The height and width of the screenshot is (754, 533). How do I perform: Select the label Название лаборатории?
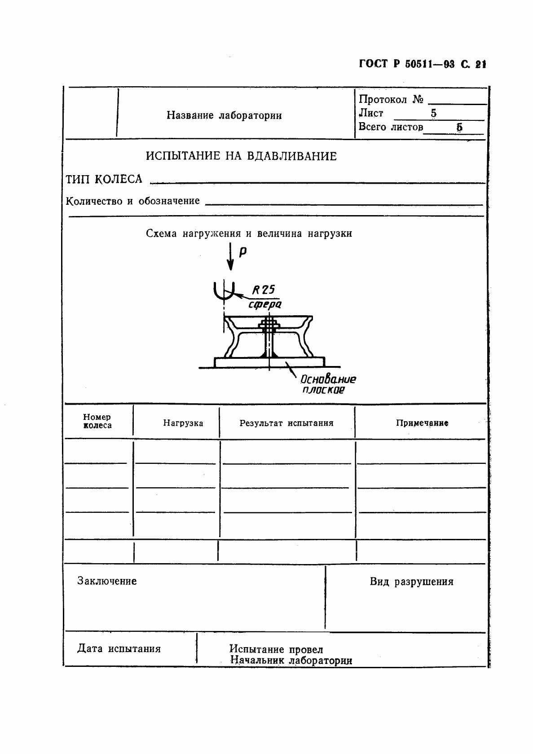pyautogui.click(x=224, y=115)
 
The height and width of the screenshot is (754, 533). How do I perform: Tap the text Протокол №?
pyautogui.click(x=391, y=99)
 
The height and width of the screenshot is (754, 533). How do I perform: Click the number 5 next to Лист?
pyautogui.click(x=433, y=113)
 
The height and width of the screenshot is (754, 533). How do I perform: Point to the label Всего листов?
pyautogui.click(x=391, y=127)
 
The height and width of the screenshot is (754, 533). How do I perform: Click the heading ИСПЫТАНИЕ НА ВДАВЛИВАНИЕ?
pyautogui.click(x=241, y=156)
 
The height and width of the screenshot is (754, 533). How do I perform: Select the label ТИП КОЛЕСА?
pyautogui.click(x=104, y=179)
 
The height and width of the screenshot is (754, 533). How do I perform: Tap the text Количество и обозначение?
pyautogui.click(x=132, y=201)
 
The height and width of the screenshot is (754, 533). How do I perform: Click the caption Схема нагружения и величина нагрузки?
pyautogui.click(x=249, y=234)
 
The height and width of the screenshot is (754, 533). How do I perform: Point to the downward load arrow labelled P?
pyautogui.click(x=230, y=256)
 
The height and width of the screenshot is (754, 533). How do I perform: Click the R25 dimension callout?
pyautogui.click(x=264, y=289)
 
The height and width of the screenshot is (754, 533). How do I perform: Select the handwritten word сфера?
pyautogui.click(x=265, y=304)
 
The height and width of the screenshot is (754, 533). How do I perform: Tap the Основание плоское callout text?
pyautogui.click(x=328, y=384)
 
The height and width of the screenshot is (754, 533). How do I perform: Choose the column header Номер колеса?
pyautogui.click(x=97, y=421)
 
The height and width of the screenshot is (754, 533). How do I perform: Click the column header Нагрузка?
pyautogui.click(x=183, y=423)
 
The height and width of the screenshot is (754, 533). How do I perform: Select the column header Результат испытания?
pyautogui.click(x=286, y=423)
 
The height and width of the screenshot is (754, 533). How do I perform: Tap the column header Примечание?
pyautogui.click(x=422, y=423)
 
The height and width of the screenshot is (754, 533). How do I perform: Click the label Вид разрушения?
pyautogui.click(x=411, y=582)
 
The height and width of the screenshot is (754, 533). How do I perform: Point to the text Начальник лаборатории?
pyautogui.click(x=291, y=660)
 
